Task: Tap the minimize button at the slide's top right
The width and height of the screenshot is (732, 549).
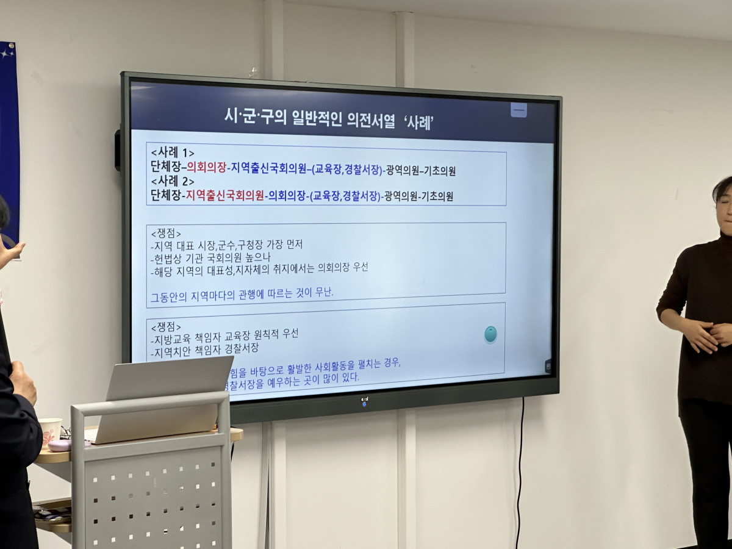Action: pyautogui.click(x=518, y=110)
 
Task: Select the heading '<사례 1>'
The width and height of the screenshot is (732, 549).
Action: pyautogui.click(x=173, y=152)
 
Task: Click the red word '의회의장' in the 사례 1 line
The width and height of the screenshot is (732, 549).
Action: pyautogui.click(x=206, y=167)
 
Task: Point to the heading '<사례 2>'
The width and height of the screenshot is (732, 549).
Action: pyautogui.click(x=173, y=181)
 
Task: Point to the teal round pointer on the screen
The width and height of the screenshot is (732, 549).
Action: pyautogui.click(x=490, y=334)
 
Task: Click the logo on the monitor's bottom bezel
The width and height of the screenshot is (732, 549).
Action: pyautogui.click(x=364, y=401)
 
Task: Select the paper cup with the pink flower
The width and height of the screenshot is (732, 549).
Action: pyautogui.click(x=50, y=431)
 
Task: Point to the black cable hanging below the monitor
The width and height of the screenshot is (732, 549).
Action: pyautogui.click(x=520, y=470)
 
